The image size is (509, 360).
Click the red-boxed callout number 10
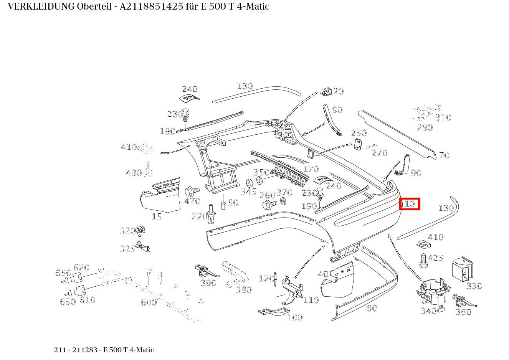pyautogui.click(x=410, y=204)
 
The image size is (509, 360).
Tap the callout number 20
pyautogui.click(x=338, y=91)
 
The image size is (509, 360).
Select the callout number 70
pyautogui.click(x=444, y=155)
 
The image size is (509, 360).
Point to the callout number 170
pyautogui.click(x=311, y=169)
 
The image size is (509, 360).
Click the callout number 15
pyautogui.click(x=157, y=216)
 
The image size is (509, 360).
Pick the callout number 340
pyautogui.click(x=429, y=311)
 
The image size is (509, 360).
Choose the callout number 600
pyautogui.click(x=149, y=302)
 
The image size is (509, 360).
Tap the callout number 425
pyautogui.click(x=435, y=258)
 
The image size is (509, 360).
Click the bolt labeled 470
pyautogui.click(x=192, y=192)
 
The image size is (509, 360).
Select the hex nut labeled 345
pyautogui.click(x=249, y=183)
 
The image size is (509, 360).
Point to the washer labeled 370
pyautogui.click(x=283, y=201)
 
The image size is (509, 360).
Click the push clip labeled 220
pyautogui.click(x=212, y=214)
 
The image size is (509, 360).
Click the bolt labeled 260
pyautogui.click(x=269, y=205)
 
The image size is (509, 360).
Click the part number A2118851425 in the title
pyautogui.click(x=151, y=7)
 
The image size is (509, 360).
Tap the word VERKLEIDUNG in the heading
pyautogui.click(x=41, y=7)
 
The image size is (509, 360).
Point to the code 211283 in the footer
pyautogui.click(x=85, y=350)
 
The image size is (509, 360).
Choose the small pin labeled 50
pyautogui.click(x=223, y=205)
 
